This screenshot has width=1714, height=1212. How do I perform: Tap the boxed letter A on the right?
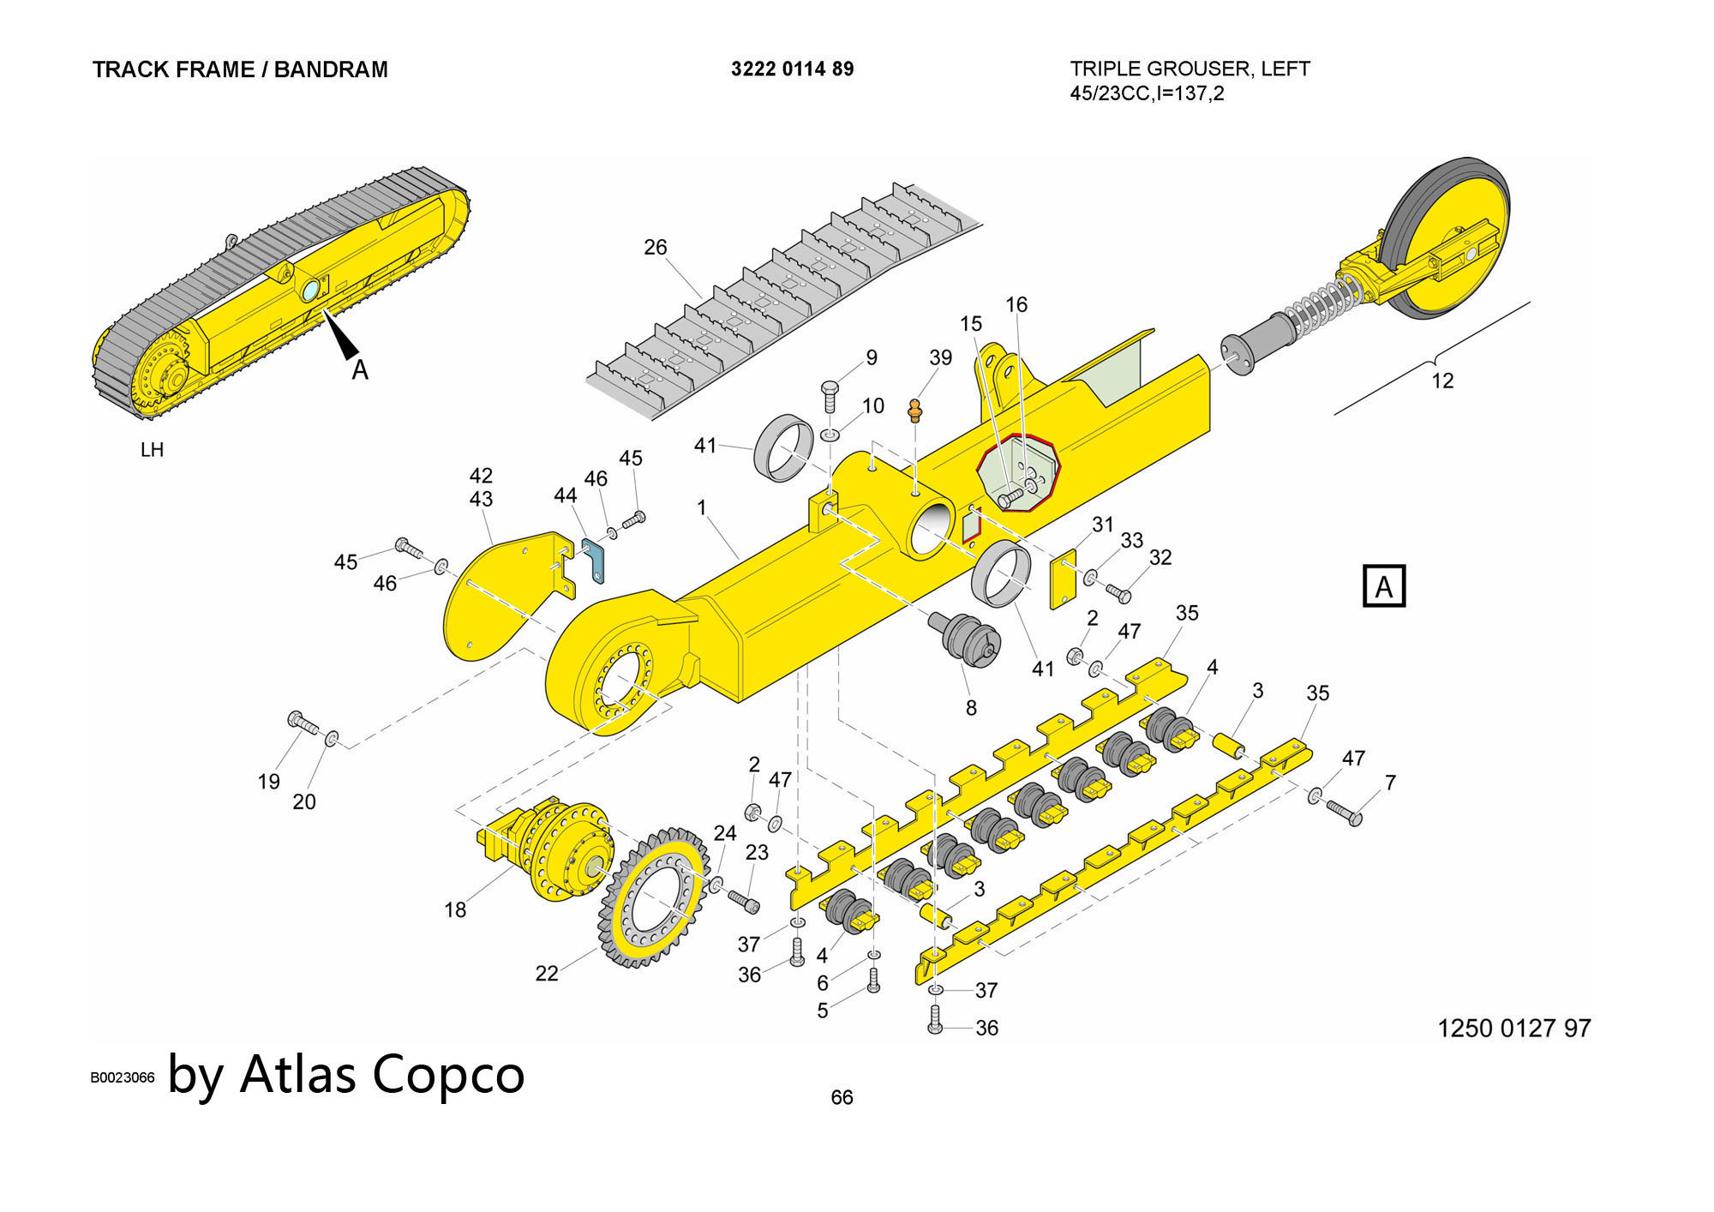[x=1383, y=586]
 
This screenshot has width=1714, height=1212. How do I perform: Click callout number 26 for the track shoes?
[x=655, y=247]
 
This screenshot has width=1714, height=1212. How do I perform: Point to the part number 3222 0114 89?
[x=792, y=69]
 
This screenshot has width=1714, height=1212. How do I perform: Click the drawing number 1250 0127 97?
[x=1513, y=1028]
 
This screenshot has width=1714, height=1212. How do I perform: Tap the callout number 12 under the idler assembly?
[x=1442, y=381]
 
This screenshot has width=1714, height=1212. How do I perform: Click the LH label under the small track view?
[x=152, y=450]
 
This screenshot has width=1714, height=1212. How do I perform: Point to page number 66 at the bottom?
[x=842, y=1097]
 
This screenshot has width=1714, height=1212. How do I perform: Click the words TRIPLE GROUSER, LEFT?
[x=1190, y=69]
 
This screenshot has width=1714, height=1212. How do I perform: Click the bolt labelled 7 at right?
[x=1345, y=812]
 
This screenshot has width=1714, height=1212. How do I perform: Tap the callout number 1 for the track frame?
[x=701, y=507]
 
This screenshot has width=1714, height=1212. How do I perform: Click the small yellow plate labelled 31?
[x=1063, y=579]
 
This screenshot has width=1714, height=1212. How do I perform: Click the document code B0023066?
[x=123, y=1077]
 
